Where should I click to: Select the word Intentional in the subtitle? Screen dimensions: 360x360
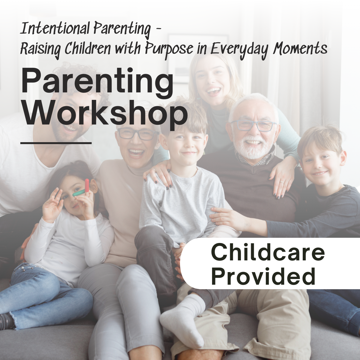tap(55, 29)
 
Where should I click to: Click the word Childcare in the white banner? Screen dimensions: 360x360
tap(268, 252)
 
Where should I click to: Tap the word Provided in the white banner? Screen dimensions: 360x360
tap(263, 276)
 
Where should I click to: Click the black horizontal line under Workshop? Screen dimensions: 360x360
tap(56, 143)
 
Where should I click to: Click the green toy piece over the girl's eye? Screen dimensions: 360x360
tap(78, 193)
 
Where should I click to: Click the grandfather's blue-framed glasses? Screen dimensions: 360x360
tap(253, 125)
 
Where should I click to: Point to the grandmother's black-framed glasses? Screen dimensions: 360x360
tap(138, 134)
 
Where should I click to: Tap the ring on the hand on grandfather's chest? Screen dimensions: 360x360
tap(282, 182)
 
